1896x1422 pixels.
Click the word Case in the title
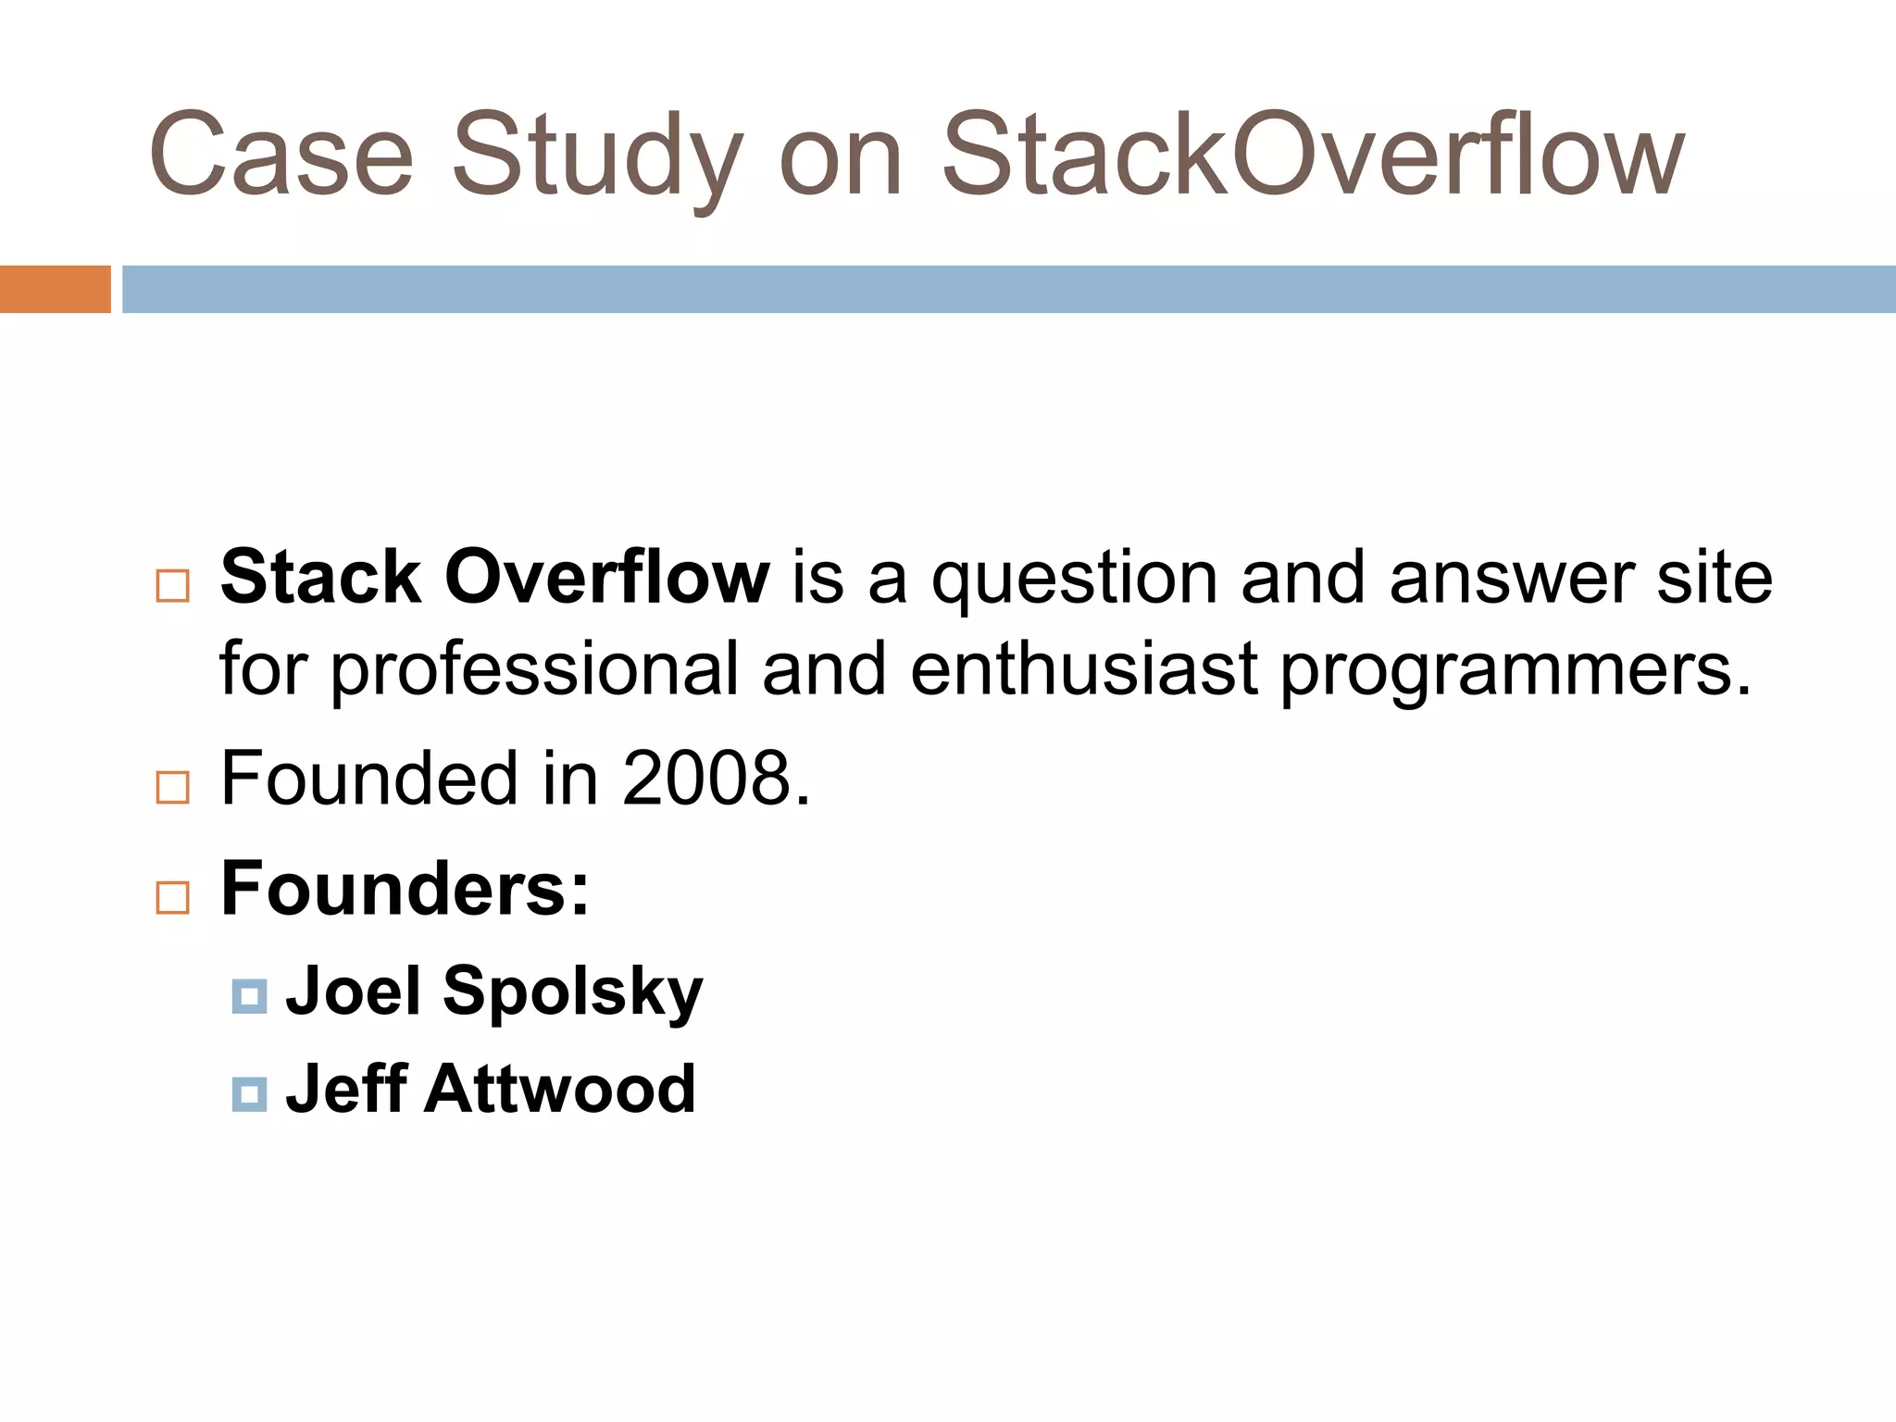(281, 156)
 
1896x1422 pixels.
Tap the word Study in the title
(596, 156)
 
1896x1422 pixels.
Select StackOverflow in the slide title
(1312, 156)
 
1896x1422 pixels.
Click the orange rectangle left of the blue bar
(55, 289)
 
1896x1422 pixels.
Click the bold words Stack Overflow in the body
(494, 578)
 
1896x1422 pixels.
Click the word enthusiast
(1083, 668)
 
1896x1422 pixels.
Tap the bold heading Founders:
(405, 889)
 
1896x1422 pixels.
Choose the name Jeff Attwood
(490, 1089)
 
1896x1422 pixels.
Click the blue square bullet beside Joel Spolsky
(249, 996)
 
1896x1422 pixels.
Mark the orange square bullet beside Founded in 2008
(173, 787)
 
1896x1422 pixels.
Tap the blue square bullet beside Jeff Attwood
(249, 1094)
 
